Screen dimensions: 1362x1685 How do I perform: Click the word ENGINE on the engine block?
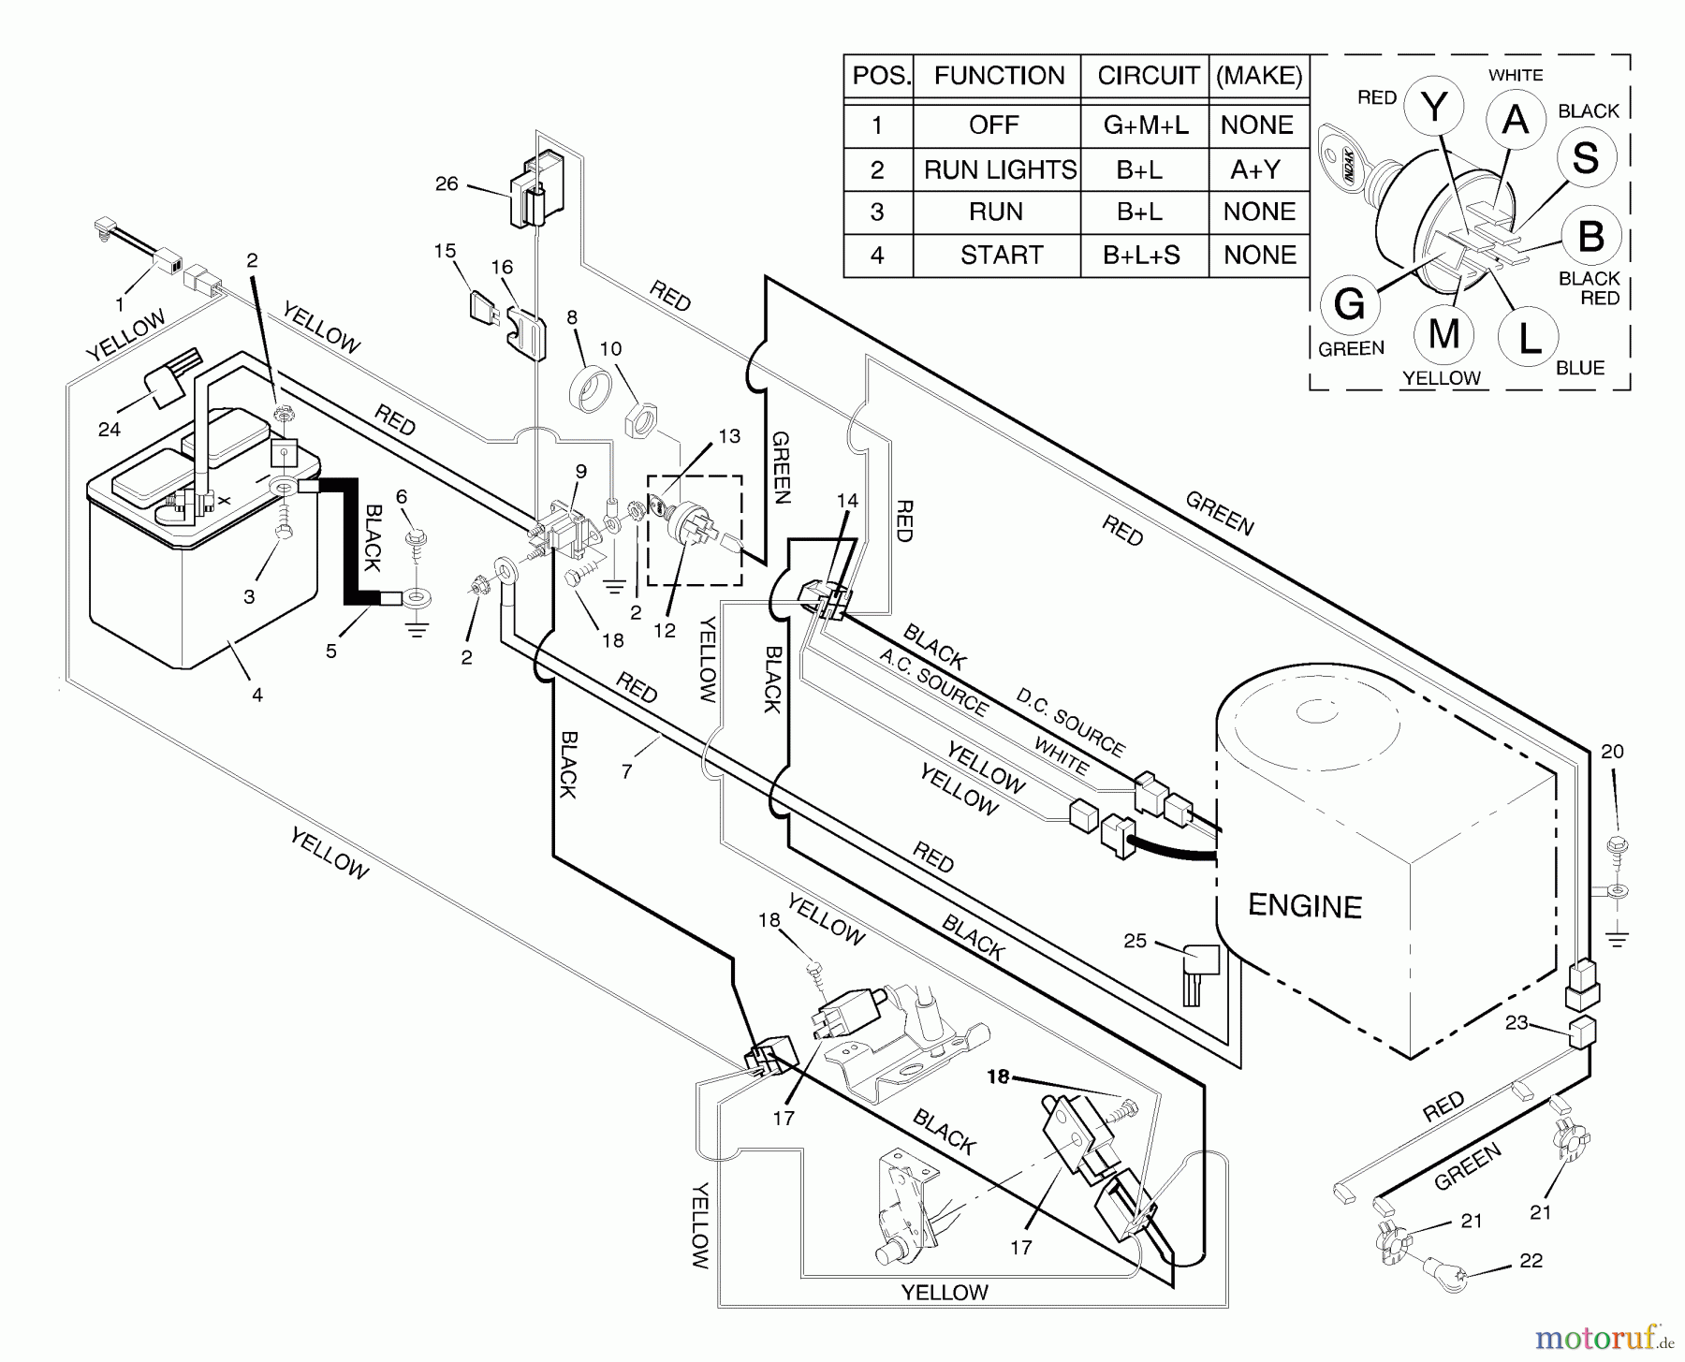click(1304, 906)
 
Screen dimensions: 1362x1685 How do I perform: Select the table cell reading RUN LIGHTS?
click(999, 169)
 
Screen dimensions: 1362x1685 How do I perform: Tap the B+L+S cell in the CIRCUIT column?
click(1140, 255)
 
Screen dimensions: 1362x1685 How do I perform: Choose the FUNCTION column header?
click(999, 76)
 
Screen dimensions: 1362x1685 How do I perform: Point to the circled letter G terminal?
click(1348, 304)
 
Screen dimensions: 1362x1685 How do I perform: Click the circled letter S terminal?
click(1585, 157)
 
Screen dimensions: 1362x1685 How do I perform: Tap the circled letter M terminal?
click(1443, 333)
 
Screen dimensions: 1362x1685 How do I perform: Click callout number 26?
click(447, 183)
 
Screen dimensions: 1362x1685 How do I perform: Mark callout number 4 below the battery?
click(256, 695)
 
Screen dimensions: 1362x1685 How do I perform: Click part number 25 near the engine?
click(1135, 940)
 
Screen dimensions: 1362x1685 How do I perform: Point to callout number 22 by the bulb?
click(1530, 1261)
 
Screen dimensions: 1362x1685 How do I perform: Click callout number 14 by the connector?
click(846, 502)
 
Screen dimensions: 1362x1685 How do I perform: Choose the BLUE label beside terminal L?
click(1579, 368)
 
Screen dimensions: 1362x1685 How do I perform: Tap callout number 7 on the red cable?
click(626, 771)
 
